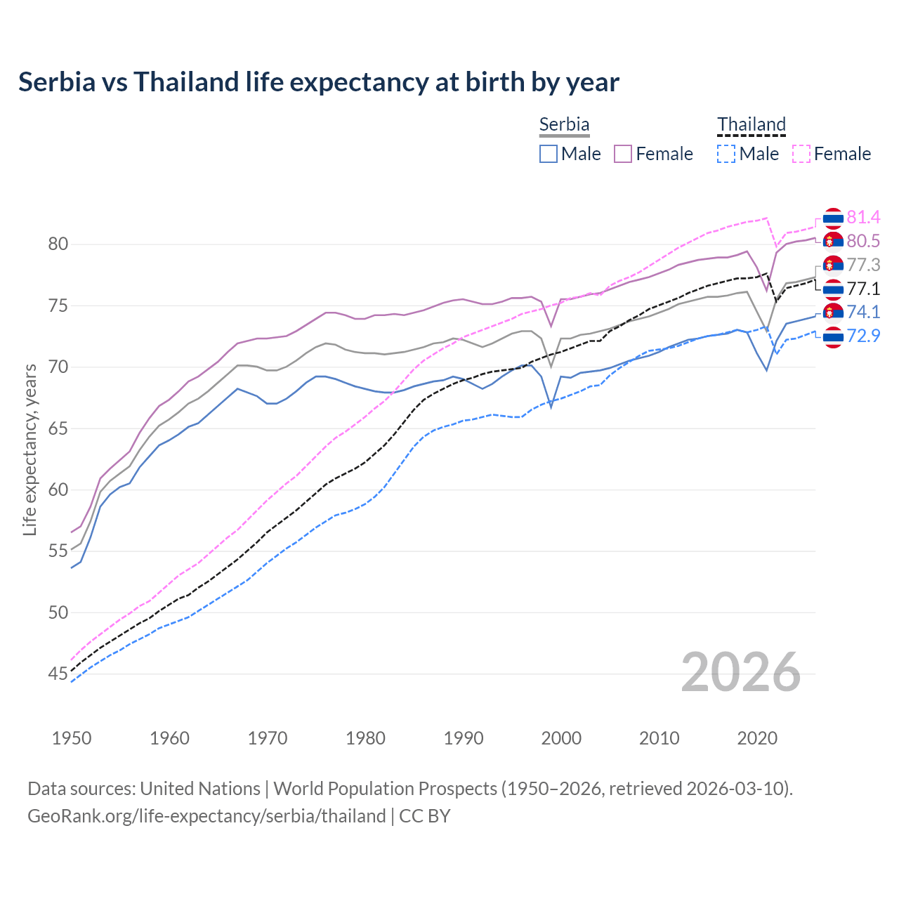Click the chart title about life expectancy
pos(319,82)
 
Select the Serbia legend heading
pos(564,124)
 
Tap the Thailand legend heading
pos(751,124)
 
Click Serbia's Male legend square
pos(549,154)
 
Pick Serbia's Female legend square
pos(623,154)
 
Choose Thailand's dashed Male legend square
pos(726,154)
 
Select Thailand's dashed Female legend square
pos(801,154)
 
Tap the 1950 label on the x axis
pos(72,738)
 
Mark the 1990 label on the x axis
pos(464,738)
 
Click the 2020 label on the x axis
pos(757,738)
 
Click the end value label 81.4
pos(863,218)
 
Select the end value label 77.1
pos(863,289)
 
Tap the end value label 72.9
pos(863,336)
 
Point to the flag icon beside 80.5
pos(833,242)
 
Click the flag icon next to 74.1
pos(833,313)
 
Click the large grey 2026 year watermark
pos(740,672)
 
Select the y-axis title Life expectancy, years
pos(29,449)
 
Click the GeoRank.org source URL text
pos(206,816)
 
